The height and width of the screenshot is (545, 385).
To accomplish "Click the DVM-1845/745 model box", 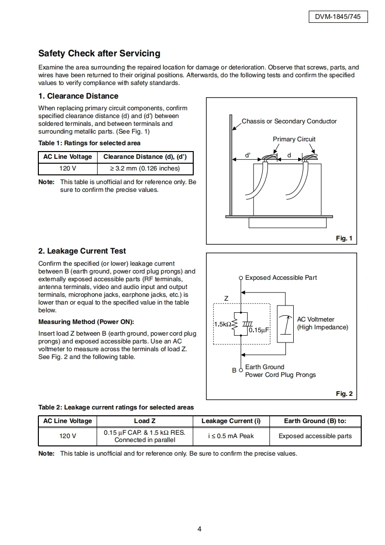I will [338, 17].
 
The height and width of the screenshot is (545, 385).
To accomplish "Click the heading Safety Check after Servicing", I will [99, 53].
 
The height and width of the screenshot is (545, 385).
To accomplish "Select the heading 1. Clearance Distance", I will [78, 96].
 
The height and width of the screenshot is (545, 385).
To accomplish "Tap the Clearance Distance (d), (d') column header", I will [145, 157].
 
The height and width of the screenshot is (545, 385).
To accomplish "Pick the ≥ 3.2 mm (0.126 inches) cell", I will [145, 169].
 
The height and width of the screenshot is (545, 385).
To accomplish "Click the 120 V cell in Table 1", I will [67, 169].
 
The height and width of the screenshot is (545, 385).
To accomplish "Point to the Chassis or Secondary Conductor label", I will [289, 121].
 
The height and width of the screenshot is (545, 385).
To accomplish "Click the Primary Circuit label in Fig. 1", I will [294, 139].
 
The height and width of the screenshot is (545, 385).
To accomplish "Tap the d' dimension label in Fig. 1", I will [248, 155].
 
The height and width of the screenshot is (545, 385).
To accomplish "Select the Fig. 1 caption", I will [344, 238].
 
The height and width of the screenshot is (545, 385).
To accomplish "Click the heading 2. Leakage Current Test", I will [82, 251].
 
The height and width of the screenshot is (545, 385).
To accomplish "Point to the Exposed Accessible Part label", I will [281, 278].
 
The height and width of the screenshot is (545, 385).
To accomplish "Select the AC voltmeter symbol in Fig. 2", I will [285, 324].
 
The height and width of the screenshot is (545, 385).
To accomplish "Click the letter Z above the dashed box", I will [226, 299].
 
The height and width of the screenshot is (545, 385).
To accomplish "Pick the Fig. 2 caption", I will [344, 393].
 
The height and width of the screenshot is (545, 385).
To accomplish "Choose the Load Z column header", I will [145, 421].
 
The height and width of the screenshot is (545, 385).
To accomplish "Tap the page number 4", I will [199, 529].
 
